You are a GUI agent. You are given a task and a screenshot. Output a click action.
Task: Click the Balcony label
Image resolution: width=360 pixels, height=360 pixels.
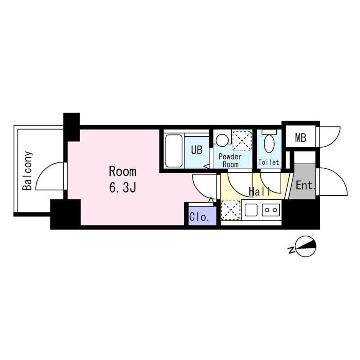[27, 171]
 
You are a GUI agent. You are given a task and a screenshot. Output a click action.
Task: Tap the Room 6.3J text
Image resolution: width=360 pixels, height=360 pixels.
[122, 180]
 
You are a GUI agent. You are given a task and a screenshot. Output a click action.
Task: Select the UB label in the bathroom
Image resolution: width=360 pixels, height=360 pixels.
[197, 150]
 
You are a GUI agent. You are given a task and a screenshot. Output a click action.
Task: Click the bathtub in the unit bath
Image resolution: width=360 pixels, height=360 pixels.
[174, 151]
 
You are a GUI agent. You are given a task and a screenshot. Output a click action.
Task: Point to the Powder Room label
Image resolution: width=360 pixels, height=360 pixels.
[230, 161]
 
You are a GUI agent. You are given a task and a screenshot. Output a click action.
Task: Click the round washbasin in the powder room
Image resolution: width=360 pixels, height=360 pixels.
[222, 139]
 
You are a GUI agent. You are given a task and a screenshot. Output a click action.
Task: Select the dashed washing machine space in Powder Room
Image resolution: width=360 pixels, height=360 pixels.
[242, 140]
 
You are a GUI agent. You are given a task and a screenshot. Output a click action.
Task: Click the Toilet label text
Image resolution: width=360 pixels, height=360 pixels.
[269, 162]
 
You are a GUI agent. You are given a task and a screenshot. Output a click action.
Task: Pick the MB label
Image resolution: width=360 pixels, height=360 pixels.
[301, 138]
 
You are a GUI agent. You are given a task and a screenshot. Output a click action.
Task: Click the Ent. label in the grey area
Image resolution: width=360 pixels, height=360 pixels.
[305, 185]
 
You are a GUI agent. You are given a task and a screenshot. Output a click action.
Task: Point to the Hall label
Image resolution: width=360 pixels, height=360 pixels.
[260, 192]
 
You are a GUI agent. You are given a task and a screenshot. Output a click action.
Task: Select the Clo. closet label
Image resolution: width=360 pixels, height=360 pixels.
[199, 217]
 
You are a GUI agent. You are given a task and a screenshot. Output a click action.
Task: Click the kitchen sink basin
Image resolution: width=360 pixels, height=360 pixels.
[251, 210]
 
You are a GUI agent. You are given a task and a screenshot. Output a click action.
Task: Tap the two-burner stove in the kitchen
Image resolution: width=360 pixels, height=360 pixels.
[271, 210]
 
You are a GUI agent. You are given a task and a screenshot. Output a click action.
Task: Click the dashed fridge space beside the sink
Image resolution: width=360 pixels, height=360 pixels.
[231, 210]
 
